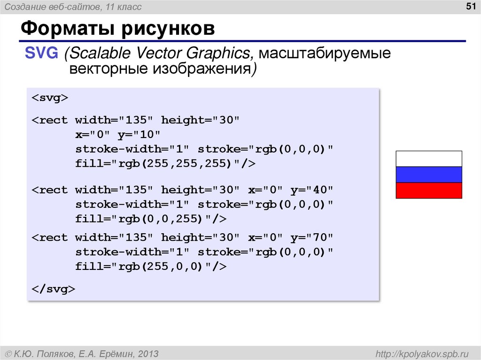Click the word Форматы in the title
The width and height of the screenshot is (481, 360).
65,30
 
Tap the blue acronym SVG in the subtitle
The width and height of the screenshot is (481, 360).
42,53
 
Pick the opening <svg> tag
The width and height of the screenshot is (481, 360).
50,98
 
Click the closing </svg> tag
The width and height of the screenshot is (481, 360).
53,289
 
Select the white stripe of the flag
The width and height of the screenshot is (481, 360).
429,159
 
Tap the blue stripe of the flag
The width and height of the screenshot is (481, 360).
429,175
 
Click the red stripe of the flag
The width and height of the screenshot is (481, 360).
429,190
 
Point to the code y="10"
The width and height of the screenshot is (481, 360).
139,135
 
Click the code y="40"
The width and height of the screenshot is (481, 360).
311,190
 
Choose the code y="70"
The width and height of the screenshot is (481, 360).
311,237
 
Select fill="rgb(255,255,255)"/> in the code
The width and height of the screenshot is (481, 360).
165,164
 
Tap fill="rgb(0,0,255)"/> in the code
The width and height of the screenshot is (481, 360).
151,219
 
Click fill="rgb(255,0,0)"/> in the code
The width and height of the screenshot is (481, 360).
151,267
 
